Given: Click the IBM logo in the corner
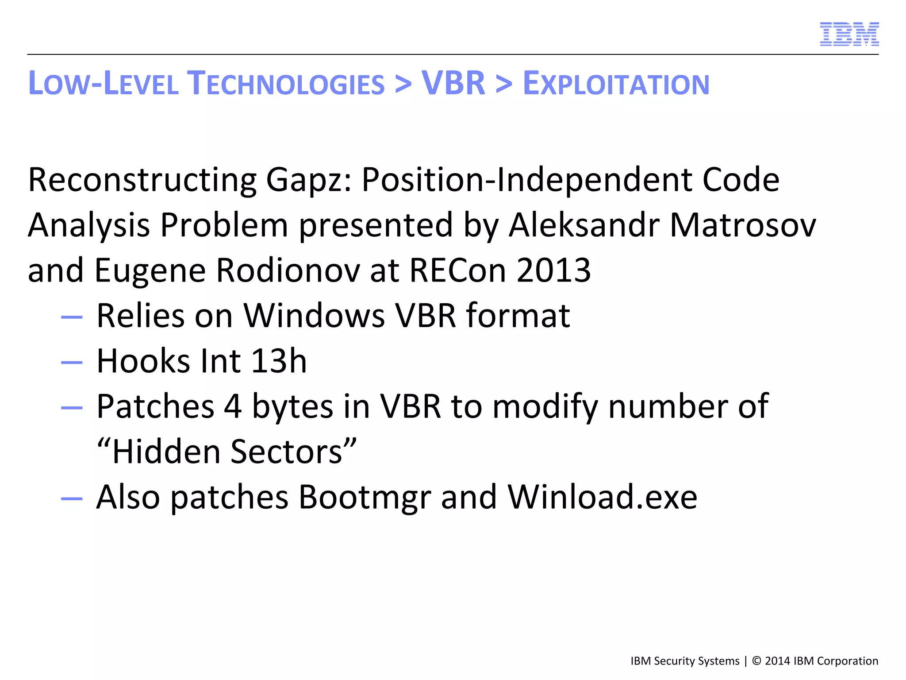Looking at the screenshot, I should pyautogui.click(x=849, y=34).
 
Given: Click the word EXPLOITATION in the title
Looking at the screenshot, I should pyautogui.click(x=616, y=84).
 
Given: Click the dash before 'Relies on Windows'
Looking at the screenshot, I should pyautogui.click(x=72, y=317).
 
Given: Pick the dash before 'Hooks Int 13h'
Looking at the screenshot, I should pyautogui.click(x=72, y=363).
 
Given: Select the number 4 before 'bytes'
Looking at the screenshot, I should pyautogui.click(x=233, y=406).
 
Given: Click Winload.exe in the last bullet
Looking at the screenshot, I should pyautogui.click(x=602, y=497).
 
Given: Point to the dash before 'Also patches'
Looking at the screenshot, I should pyautogui.click(x=72, y=499).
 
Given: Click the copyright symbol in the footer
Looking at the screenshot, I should pyautogui.click(x=756, y=661).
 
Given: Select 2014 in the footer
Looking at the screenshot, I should pyautogui.click(x=777, y=661).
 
